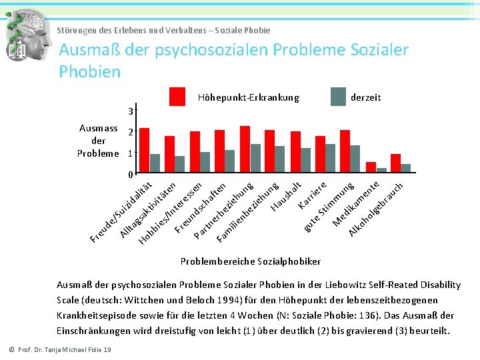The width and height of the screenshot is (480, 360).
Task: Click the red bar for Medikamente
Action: (371, 167)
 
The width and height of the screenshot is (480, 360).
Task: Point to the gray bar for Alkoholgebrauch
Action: (405, 168)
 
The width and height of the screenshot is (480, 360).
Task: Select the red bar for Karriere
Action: (320, 154)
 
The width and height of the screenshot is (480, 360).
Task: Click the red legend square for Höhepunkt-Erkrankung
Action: (177, 97)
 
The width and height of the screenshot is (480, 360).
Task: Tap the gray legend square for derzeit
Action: (339, 97)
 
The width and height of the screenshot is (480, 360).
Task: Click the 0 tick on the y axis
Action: (131, 175)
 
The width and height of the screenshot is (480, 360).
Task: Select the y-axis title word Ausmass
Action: (98, 128)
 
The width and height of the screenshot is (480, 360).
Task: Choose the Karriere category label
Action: (312, 193)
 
